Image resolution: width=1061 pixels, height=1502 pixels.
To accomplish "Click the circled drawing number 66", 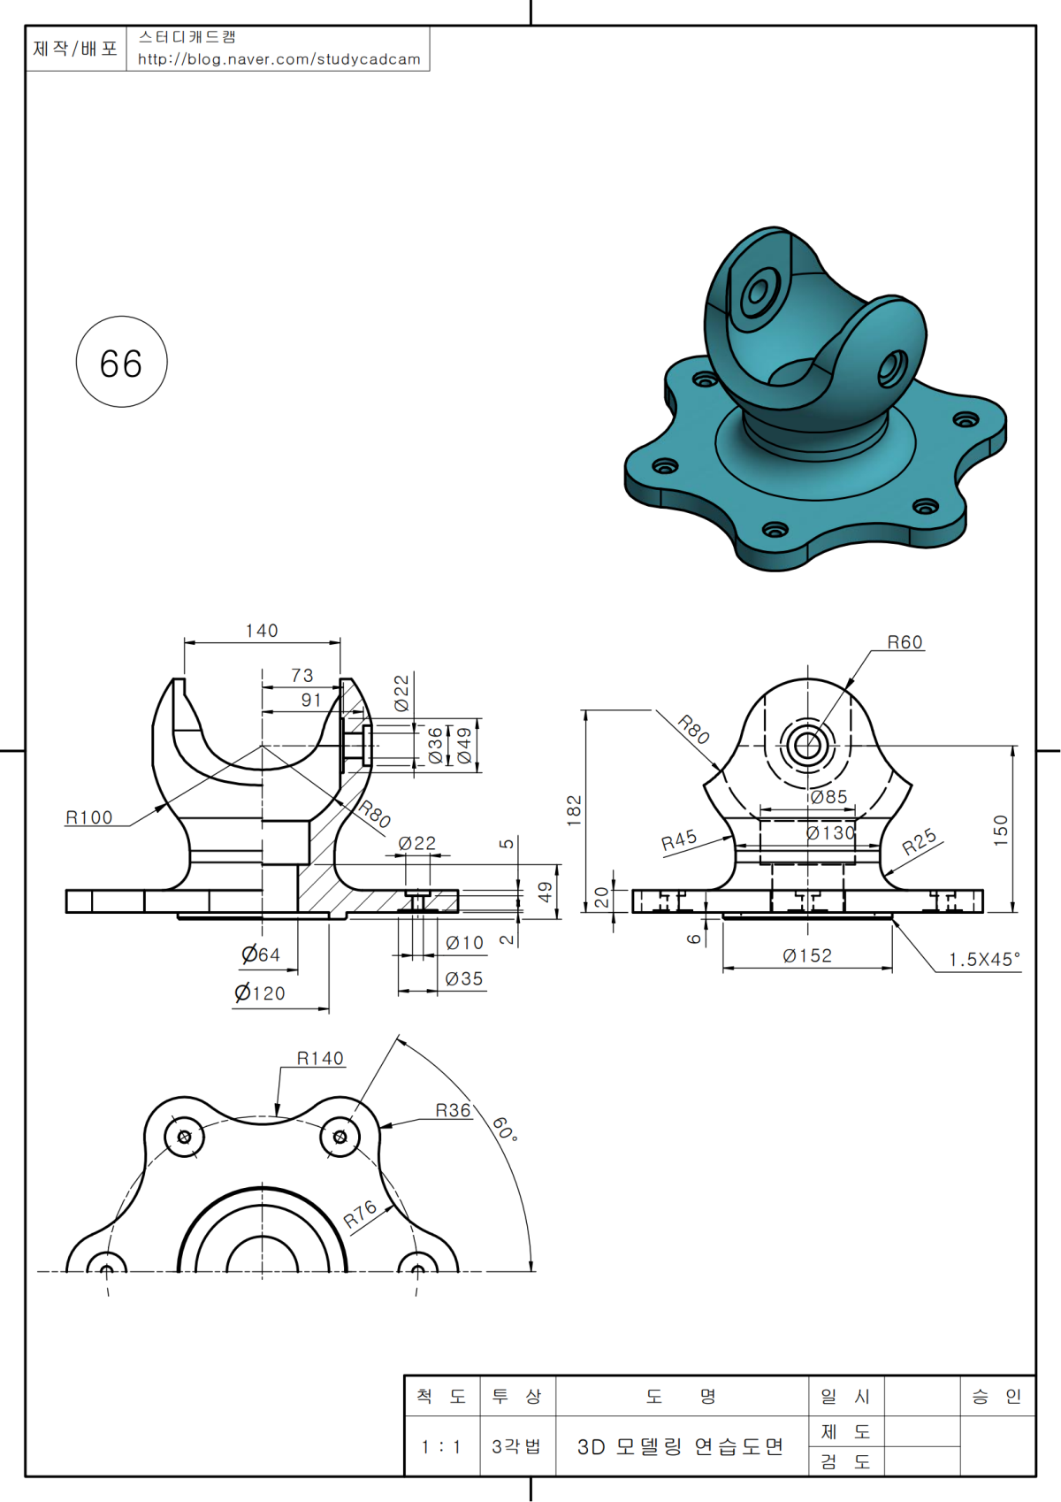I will pos(121,364).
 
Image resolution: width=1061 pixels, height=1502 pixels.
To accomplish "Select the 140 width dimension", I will pos(262,631).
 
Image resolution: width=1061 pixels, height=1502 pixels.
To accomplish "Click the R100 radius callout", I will pos(89,817).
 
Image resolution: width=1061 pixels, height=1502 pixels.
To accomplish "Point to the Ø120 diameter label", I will pos(260,993).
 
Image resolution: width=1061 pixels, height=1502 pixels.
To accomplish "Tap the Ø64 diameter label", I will pos(261,954).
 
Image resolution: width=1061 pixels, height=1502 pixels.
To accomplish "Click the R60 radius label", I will pos(905,642).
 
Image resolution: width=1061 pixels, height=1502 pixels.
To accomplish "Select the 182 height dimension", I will pos(575,810).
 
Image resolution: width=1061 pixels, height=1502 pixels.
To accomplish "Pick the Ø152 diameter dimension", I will pos(807,955).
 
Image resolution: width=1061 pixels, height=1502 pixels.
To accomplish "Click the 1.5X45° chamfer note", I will pos(984,960).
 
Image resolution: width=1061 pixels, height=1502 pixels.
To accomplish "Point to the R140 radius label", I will pos(320,1058).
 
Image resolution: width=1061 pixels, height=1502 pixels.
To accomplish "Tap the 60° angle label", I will pos(504,1129).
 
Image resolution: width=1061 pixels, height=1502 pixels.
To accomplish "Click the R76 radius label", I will pos(361,1214).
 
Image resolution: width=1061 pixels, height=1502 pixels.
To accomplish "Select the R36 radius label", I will pos(453,1110).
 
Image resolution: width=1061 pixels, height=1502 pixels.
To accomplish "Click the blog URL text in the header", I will pos(279,59).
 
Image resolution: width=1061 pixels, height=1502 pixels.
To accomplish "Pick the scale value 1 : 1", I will pos(440,1447).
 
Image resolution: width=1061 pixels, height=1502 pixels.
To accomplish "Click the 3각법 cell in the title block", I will pos(516,1447).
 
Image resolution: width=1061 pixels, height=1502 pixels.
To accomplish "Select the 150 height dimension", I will pos(1000,830).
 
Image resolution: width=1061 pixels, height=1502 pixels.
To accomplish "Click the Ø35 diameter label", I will pos(464,978).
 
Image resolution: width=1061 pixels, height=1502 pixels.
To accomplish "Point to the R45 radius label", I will pos(679,839).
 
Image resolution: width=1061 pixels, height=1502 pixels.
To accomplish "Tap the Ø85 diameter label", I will pos(829,797).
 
